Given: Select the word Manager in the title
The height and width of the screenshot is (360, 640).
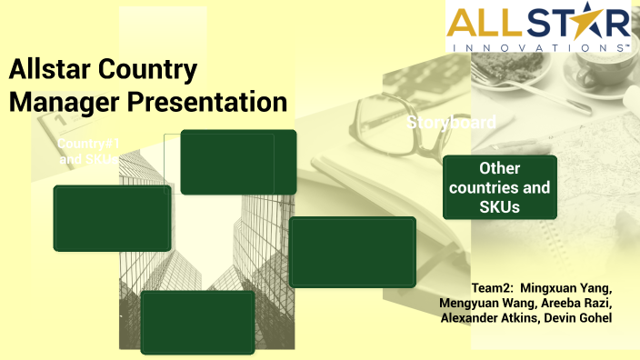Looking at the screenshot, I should tap(63, 102).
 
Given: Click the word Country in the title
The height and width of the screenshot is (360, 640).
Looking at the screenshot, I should tap(156, 71).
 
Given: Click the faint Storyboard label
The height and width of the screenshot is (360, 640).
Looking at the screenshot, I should tap(451, 122).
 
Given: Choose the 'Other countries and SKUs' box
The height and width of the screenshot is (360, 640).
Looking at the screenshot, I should tap(499, 187).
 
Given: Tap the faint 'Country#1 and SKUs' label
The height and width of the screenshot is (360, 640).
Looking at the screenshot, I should tap(88, 151).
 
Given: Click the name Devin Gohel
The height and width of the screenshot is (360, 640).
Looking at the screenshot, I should tap(580, 317).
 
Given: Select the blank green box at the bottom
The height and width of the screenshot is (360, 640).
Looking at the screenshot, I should tap(197, 322).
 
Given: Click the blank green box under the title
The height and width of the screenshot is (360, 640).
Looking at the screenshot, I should tap(238, 162).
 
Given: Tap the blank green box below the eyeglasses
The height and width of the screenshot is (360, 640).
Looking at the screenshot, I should tap(352, 251).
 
